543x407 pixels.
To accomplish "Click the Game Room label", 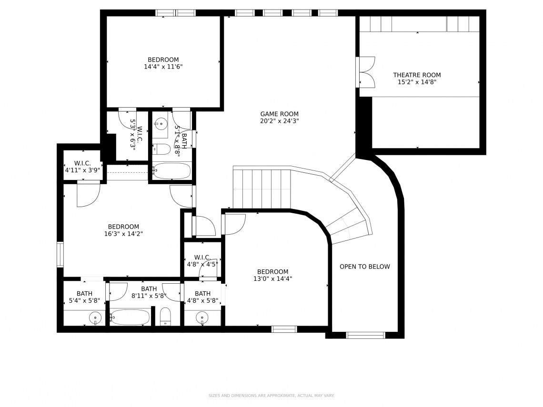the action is [279, 114].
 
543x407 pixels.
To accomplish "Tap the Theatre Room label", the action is [417, 75].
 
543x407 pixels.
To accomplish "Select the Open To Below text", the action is [365, 267].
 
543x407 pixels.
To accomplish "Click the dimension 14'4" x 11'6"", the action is [163, 67].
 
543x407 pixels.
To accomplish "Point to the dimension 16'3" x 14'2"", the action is [123, 234].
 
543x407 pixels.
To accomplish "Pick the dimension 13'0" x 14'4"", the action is [272, 279].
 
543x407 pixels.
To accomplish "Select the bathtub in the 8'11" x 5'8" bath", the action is [131, 317].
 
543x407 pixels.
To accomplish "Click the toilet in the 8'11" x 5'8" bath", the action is [166, 317].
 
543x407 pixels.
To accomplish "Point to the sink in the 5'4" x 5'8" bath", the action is [95, 318].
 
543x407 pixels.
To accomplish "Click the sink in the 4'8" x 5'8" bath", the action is [202, 318].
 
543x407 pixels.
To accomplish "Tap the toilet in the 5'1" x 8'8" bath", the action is [162, 149].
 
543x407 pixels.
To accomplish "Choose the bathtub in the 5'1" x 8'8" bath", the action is [172, 171].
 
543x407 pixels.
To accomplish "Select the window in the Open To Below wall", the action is [366, 335].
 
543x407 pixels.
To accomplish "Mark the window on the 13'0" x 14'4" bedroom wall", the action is [284, 329].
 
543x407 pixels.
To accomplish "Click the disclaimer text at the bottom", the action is [271, 396].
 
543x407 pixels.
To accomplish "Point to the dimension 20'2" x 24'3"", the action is [279, 121].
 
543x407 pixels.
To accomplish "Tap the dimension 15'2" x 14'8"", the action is [417, 82].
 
